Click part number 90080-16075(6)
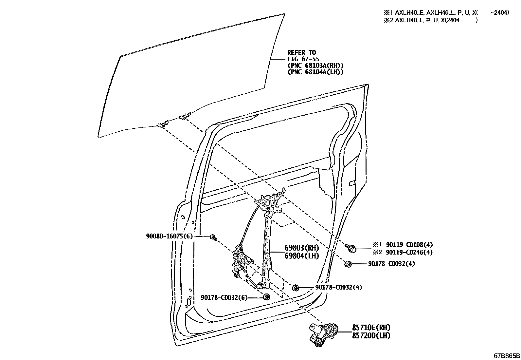pyautogui.click(x=169, y=237)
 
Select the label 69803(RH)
pyautogui.click(x=301, y=248)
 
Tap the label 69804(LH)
pyautogui.click(x=301, y=256)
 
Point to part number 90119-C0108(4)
pyautogui.click(x=409, y=245)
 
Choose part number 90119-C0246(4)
pyautogui.click(x=409, y=252)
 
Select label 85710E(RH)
pyautogui.click(x=371, y=328)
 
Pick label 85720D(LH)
pyautogui.click(x=371, y=335)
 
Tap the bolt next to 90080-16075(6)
pyautogui.click(x=213, y=237)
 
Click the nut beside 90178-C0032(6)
pyautogui.click(x=266, y=297)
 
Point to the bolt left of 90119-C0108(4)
pyautogui.click(x=351, y=248)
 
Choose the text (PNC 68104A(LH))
pyautogui.click(x=315, y=72)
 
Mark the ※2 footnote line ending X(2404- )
pyautogui.click(x=431, y=20)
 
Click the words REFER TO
pyautogui.click(x=301, y=52)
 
